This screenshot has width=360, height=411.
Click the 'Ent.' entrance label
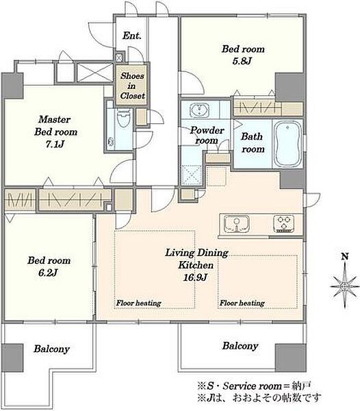[131, 36]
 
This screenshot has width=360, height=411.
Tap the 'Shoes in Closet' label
[133, 86]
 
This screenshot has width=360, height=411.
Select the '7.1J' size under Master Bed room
[55, 144]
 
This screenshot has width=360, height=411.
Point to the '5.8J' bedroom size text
[242, 61]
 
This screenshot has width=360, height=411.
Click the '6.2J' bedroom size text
[48, 273]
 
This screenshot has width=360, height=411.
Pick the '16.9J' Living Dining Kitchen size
[195, 277]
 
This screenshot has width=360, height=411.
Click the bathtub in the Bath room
[287, 144]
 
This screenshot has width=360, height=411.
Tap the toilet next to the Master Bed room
[124, 119]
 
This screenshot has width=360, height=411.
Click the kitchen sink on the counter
[236, 223]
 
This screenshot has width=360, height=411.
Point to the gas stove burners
[283, 223]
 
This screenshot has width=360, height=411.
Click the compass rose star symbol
[344, 286]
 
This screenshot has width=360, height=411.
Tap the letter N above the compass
[345, 256]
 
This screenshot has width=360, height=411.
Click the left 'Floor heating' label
[138, 303]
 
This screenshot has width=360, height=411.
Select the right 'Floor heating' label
[242, 303]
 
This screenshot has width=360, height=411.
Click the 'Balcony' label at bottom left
[51, 349]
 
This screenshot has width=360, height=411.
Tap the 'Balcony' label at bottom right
[240, 346]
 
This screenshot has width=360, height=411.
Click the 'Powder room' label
[207, 135]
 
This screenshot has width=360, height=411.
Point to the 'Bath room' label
[253, 142]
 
